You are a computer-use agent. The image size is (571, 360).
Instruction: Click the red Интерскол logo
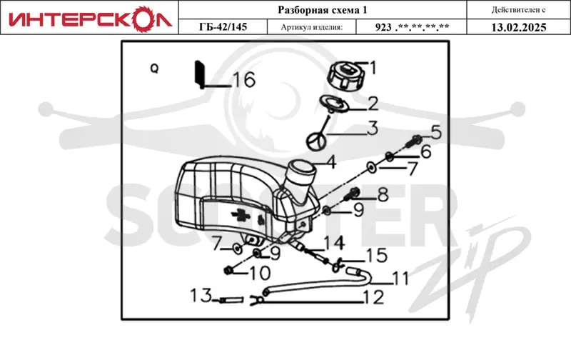90,19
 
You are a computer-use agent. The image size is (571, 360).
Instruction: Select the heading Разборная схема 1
323,10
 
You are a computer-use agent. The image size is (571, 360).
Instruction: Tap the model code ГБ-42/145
223,26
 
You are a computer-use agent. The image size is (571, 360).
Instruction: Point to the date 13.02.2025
519,27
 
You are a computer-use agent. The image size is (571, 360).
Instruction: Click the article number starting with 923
412,27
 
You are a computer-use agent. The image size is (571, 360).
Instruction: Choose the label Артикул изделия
312,27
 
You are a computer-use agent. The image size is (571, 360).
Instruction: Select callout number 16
244,80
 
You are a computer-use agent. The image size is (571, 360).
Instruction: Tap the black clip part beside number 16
200,75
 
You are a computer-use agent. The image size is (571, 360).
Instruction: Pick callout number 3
373,128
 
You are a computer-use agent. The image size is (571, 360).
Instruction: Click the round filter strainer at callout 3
315,141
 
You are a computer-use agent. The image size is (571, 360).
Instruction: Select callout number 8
383,195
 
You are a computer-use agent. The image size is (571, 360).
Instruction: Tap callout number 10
260,273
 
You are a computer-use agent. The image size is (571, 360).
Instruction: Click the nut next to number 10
228,271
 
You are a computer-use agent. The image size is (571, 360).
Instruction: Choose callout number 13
201,296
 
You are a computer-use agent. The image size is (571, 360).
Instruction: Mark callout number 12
373,297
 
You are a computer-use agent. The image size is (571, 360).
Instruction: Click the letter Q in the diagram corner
154,68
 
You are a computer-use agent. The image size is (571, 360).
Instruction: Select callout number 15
377,256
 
